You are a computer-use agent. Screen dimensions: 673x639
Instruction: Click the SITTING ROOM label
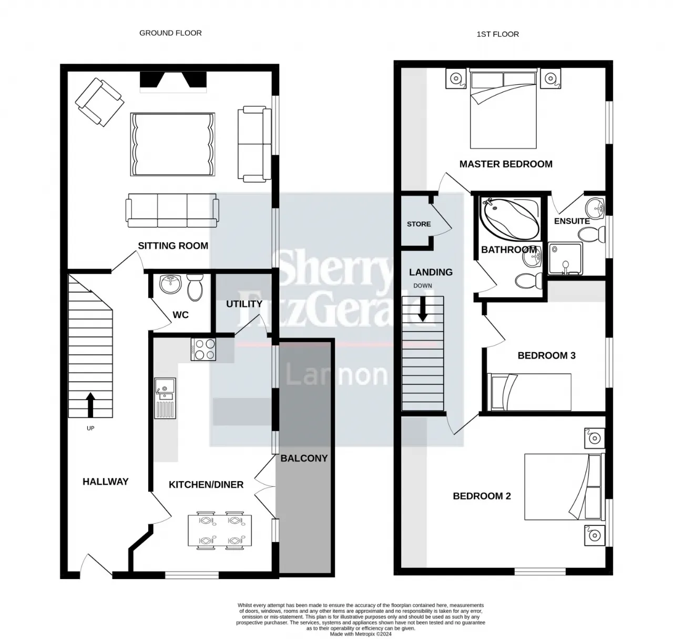click(173, 246)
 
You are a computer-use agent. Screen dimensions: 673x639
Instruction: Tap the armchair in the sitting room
click(99, 102)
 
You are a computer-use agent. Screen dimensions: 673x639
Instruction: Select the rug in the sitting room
click(172, 144)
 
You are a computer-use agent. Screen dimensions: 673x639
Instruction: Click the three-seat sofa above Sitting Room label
click(172, 210)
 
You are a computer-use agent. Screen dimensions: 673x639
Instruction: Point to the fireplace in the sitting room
click(173, 82)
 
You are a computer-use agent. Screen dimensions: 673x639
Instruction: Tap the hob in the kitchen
click(203, 350)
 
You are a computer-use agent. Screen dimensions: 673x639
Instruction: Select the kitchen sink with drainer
click(165, 398)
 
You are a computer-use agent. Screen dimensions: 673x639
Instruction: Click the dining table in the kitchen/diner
click(220, 530)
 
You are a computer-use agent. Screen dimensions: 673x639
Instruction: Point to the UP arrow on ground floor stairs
click(90, 405)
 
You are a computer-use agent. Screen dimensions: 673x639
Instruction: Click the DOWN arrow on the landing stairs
click(423, 309)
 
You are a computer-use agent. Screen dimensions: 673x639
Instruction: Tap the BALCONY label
click(304, 458)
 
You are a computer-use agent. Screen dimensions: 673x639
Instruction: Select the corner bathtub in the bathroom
click(511, 219)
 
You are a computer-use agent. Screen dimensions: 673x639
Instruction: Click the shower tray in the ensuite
click(565, 259)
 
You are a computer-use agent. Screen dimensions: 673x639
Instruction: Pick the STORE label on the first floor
click(419, 224)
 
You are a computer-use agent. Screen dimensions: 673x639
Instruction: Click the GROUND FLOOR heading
click(170, 33)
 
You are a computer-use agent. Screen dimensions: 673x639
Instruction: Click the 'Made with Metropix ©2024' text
click(361, 634)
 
